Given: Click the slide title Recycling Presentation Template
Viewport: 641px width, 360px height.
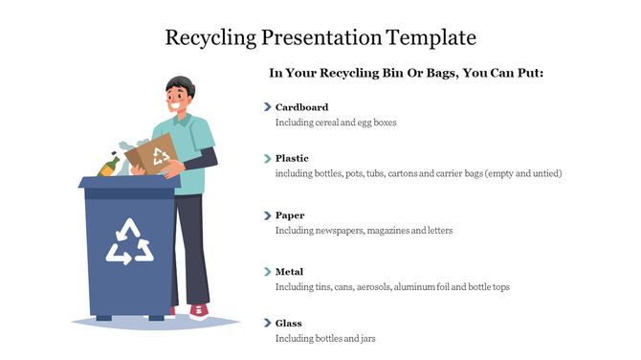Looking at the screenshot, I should tap(320, 38).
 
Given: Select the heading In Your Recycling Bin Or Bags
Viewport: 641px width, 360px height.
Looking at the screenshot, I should tap(406, 73).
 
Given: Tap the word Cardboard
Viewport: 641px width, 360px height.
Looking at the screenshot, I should tap(301, 107).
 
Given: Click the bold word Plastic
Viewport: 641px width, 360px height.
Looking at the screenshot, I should tap(292, 158).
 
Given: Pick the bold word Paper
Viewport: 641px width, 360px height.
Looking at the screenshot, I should tap(290, 215).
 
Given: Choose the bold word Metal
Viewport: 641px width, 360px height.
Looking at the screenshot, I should tap(290, 272).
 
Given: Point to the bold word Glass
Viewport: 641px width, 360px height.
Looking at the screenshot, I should tap(288, 324).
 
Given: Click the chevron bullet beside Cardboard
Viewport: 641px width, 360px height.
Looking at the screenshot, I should tap(267, 107).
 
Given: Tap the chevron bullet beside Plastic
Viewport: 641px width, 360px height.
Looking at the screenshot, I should tap(267, 158).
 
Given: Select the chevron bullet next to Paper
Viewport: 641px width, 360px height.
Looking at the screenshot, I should tap(267, 215).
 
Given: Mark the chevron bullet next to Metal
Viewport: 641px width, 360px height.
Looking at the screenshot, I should tap(267, 272).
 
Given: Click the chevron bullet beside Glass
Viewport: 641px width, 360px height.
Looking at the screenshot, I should tap(267, 324).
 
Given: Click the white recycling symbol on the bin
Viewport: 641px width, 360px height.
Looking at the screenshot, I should tap(129, 241).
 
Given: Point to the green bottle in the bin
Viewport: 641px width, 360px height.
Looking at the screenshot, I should tap(109, 167).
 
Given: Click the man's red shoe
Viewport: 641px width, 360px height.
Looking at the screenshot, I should tap(198, 311).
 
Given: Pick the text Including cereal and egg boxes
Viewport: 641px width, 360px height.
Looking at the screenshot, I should tap(335, 123).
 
